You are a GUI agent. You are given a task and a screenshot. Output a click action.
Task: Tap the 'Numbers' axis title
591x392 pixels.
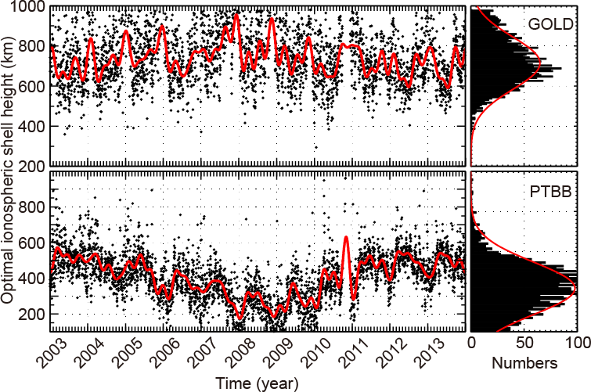pyautogui.click(x=524, y=364)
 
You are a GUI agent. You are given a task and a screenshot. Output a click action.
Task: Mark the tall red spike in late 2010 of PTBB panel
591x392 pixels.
pyautogui.click(x=346, y=237)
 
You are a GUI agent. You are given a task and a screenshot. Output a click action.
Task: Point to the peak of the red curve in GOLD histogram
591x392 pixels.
pyautogui.click(x=540, y=61)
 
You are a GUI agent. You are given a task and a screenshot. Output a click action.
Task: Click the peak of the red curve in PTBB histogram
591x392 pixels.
pyautogui.click(x=575, y=288)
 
